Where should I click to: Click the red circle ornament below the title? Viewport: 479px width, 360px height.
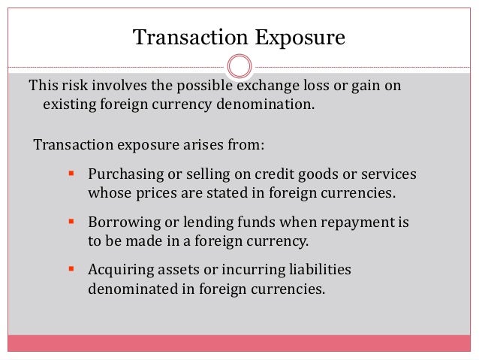[x=239, y=66]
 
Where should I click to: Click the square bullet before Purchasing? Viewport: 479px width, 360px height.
[x=71, y=174]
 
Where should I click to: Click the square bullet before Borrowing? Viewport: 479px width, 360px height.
[x=71, y=222]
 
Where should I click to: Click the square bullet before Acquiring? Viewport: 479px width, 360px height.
[x=71, y=268]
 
